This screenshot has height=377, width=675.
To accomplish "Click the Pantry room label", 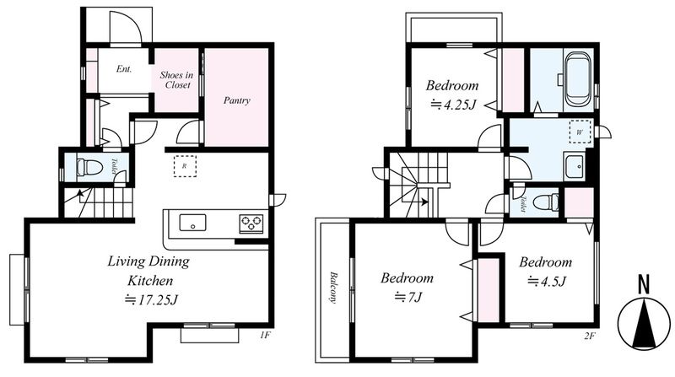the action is coord(237,100).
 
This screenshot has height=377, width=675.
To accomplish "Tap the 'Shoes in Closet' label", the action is coord(176,79).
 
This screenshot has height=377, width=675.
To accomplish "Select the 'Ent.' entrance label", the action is coord(123,69).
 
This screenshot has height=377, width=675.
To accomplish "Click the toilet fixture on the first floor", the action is coord(89,166).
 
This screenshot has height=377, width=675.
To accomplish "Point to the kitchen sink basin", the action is coord(192,223).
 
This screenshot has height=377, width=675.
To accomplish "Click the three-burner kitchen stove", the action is coord(251,224).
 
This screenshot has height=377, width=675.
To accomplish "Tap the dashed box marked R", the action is coord(185,166).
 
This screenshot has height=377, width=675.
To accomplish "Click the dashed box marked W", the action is coord(580,132).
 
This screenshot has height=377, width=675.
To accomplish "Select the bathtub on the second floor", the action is coord(578,79).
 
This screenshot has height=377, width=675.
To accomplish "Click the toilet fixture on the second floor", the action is coord(546,202).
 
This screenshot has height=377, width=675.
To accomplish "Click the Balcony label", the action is coord(332,288).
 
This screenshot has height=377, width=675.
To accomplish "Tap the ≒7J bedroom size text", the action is coord(408,297).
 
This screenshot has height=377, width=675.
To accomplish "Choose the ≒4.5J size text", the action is coord(547,281).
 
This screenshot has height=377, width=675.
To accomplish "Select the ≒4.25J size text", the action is coord(453,105).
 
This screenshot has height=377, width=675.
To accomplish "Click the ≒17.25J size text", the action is coord(151,299).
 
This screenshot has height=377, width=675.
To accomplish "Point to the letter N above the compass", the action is coord(644,284).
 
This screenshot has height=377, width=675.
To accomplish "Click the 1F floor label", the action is coord(265,336).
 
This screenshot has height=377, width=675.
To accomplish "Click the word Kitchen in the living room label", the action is coord(150,281).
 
